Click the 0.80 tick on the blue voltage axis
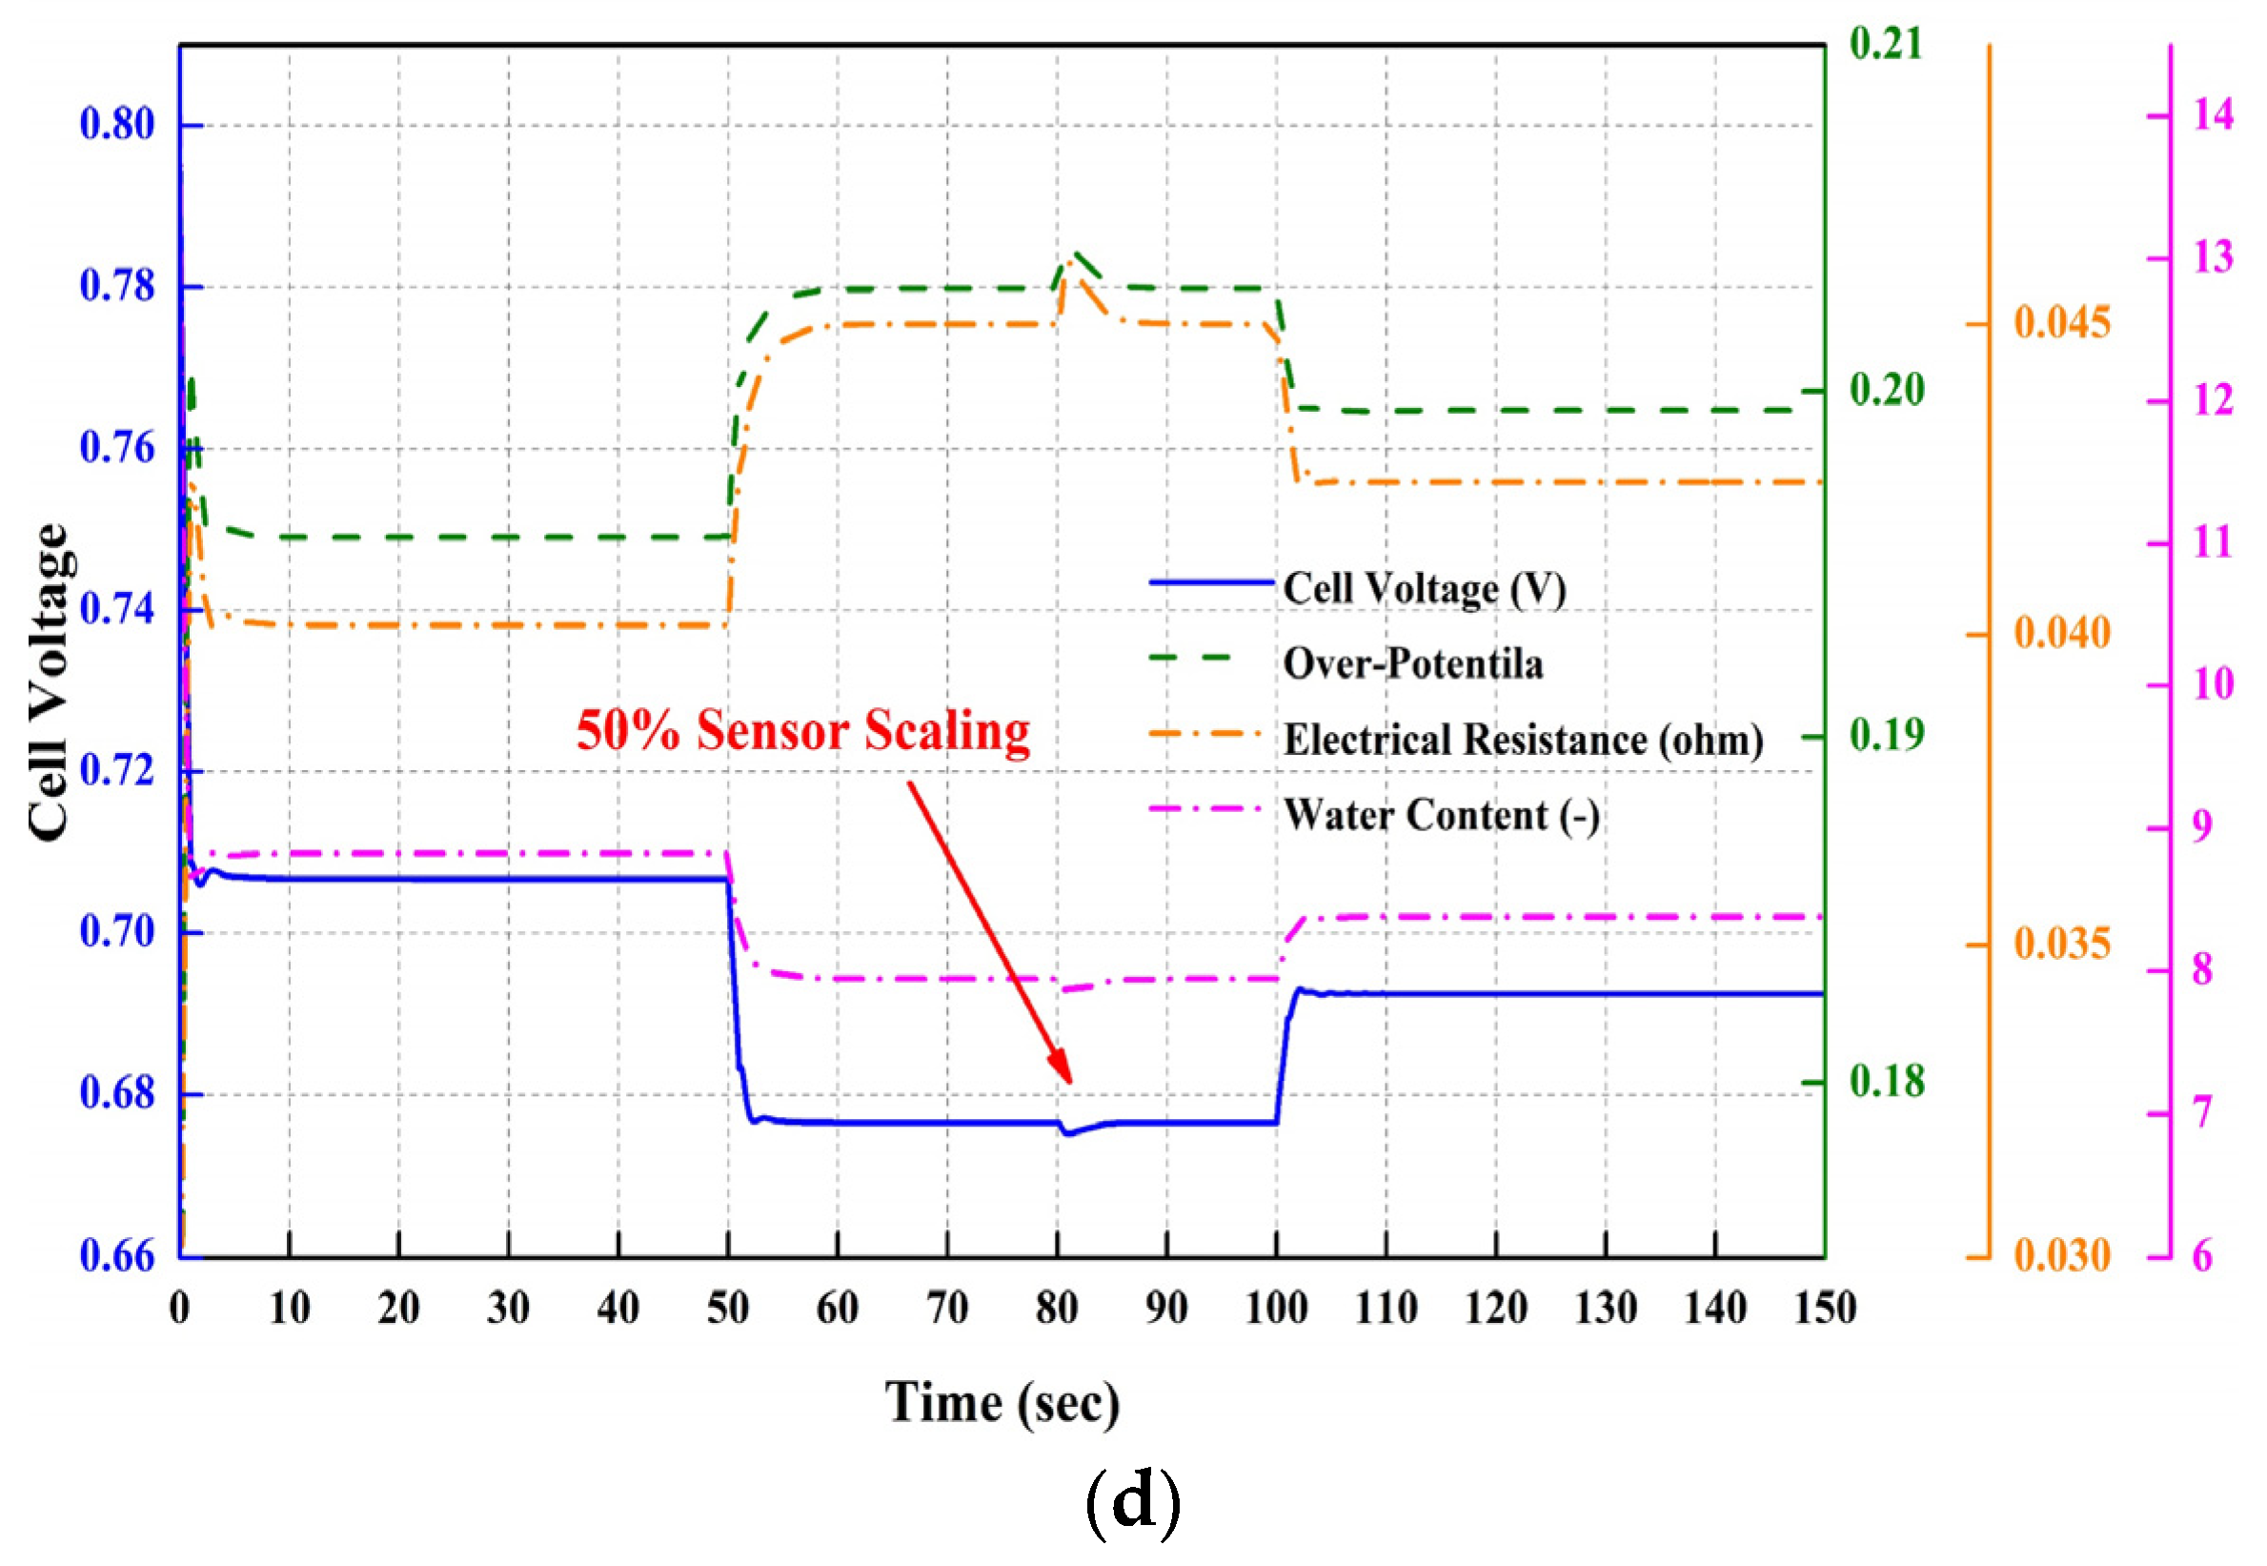click(117, 125)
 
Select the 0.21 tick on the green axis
click(1886, 43)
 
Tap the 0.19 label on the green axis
click(1887, 735)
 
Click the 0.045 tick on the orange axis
click(2061, 323)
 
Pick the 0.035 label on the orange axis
click(2061, 944)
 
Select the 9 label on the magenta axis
click(2203, 827)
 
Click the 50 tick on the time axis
click(728, 1309)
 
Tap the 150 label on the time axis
click(1825, 1309)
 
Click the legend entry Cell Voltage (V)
click(1424, 589)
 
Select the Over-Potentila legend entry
click(1412, 664)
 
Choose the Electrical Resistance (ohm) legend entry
click(1523, 740)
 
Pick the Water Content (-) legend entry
click(1441, 815)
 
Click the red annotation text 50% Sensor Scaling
click(802, 731)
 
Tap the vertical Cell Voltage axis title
click(48, 681)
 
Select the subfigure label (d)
click(1132, 1503)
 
